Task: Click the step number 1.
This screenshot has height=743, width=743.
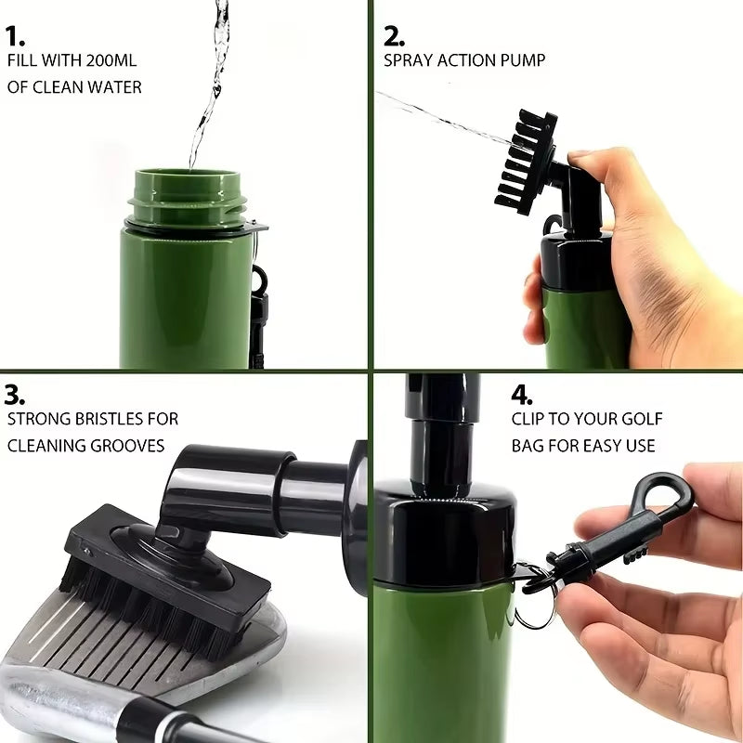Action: click(x=15, y=36)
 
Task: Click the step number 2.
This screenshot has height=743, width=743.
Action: click(x=394, y=36)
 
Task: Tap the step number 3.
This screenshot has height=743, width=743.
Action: click(x=15, y=394)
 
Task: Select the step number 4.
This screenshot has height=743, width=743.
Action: click(x=521, y=394)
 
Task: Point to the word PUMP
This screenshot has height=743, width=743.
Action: click(x=524, y=60)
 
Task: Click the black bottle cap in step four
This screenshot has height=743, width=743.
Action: click(x=446, y=529)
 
